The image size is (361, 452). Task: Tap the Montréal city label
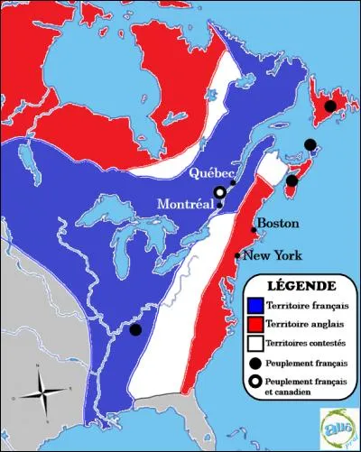pyautogui.click(x=186, y=206)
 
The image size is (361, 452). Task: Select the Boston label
pyautogui.click(x=276, y=223)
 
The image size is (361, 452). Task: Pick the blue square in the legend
pyautogui.click(x=256, y=308)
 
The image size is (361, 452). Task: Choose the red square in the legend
pyautogui.click(x=256, y=325)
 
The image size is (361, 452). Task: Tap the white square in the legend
pyautogui.click(x=256, y=343)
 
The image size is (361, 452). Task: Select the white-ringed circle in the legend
pyautogui.click(x=256, y=383)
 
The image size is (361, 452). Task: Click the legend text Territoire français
pyautogui.click(x=307, y=308)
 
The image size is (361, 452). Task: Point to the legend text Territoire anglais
pyautogui.click(x=304, y=325)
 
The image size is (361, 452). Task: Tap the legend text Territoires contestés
pyautogui.click(x=308, y=343)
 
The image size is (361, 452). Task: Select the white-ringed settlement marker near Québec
pyautogui.click(x=218, y=192)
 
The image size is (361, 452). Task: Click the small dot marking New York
pyautogui.click(x=237, y=256)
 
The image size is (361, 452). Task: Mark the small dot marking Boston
pyautogui.click(x=254, y=230)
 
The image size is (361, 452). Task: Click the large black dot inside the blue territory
pyautogui.click(x=135, y=329)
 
